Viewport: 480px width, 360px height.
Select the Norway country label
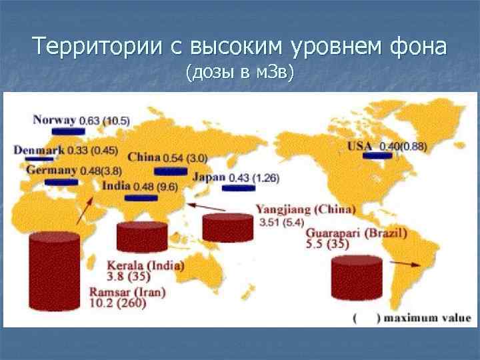point(55,120)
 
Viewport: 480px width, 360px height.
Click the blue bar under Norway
point(68,131)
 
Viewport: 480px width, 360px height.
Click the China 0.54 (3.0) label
point(167,158)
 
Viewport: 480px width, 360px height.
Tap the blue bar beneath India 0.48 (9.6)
point(141,198)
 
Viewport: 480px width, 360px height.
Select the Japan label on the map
point(209,177)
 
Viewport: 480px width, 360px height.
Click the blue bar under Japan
point(239,188)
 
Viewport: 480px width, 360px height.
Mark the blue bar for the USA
point(377,156)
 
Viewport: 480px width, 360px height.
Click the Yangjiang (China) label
point(306,209)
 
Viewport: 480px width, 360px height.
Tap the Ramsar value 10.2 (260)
point(117,304)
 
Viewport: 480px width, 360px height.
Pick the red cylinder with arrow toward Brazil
point(357,278)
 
